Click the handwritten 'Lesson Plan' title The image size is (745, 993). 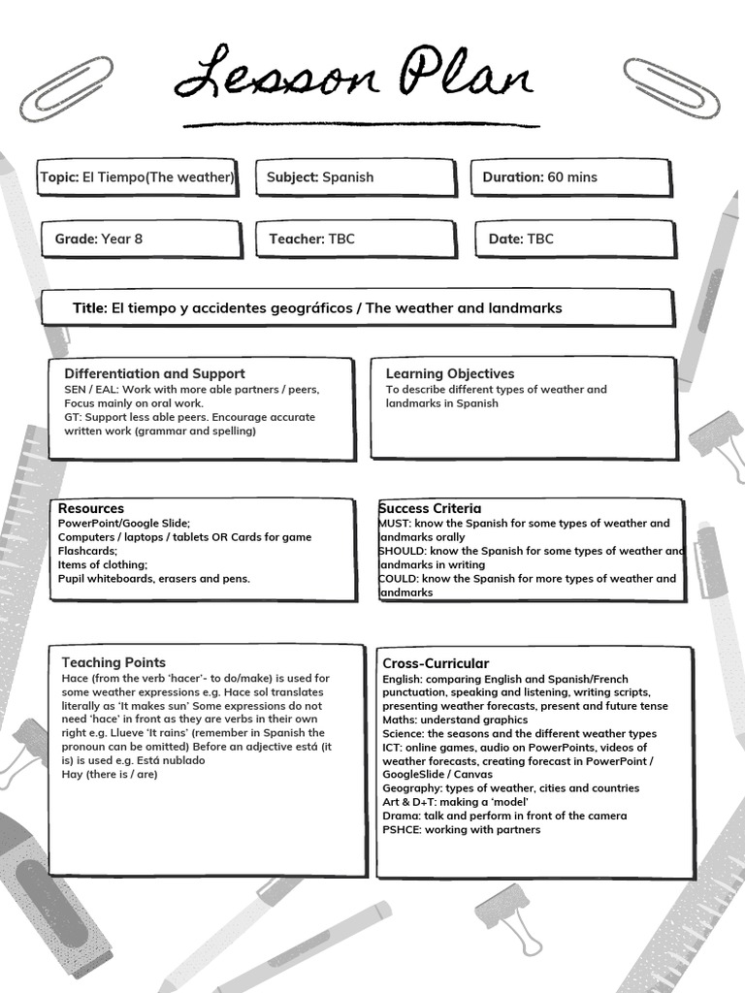tap(355, 76)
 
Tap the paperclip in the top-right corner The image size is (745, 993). tap(671, 87)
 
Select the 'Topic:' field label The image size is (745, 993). tap(60, 177)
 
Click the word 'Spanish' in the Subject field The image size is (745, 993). tap(347, 177)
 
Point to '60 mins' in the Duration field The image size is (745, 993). tap(572, 177)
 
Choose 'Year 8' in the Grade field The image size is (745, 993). tap(121, 239)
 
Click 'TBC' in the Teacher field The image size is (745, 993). tap(341, 239)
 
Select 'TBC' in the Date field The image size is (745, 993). tap(540, 239)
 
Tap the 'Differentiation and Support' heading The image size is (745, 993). tap(154, 373)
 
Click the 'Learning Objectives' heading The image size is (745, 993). tap(450, 373)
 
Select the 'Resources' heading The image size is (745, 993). tap(91, 508)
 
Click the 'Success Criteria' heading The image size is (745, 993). tap(430, 508)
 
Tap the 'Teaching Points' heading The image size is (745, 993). tap(113, 662)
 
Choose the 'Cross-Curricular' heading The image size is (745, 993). tap(436, 663)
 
